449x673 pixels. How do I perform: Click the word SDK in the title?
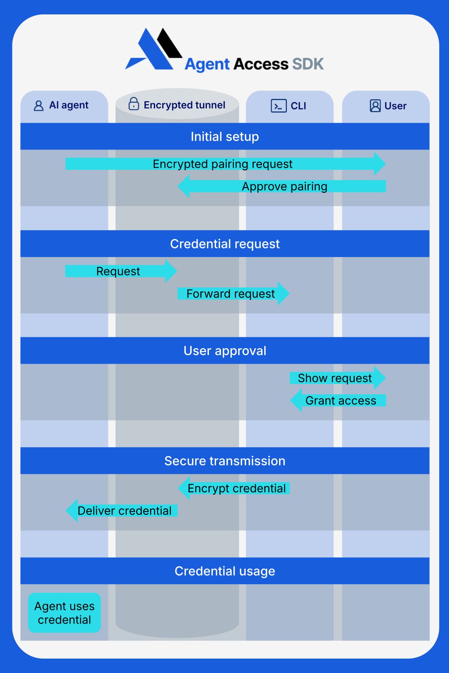(x=308, y=64)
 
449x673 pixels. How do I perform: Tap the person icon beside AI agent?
(x=39, y=106)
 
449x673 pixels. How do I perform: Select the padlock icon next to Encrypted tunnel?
(x=134, y=104)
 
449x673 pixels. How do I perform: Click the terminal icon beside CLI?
(x=278, y=106)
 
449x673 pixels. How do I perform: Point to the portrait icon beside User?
(x=375, y=106)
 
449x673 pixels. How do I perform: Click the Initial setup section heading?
(x=224, y=137)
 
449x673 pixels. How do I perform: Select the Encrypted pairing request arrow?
(x=222, y=164)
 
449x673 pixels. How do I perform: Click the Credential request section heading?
(x=224, y=244)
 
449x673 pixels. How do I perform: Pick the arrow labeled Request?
(x=118, y=271)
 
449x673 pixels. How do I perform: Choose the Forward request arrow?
(x=231, y=294)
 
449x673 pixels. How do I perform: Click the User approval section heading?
(x=224, y=351)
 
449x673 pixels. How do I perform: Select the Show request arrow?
(x=335, y=378)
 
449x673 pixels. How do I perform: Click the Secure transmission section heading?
(x=224, y=461)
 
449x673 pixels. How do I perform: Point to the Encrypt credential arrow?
(x=236, y=488)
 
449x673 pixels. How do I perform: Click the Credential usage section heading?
(x=224, y=571)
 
